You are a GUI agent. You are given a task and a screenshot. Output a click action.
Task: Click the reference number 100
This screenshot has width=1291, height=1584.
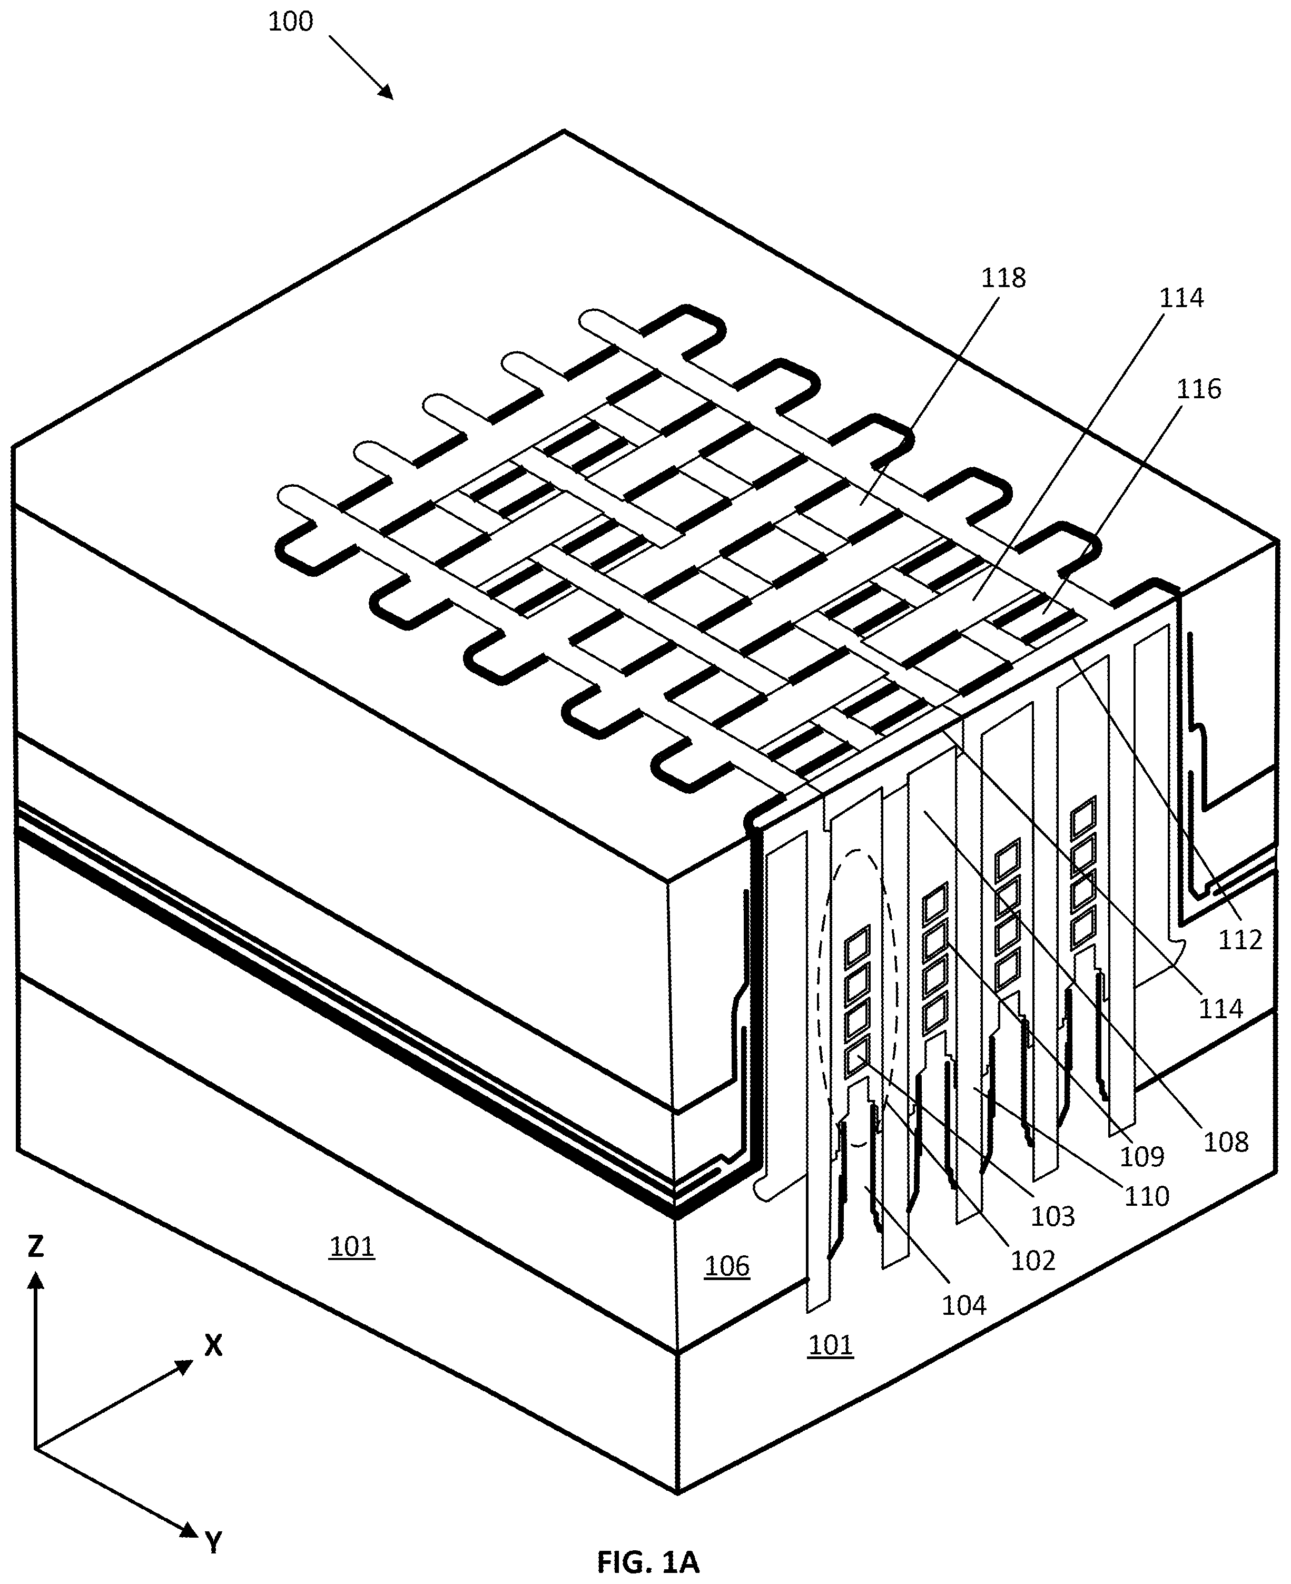pos(290,22)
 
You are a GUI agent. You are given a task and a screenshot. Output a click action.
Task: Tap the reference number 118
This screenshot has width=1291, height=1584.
pos(1003,278)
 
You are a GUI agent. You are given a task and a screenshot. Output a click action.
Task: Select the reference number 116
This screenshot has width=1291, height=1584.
pos(1199,389)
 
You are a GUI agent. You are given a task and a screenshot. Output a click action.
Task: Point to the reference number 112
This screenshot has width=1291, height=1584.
pos(1240,940)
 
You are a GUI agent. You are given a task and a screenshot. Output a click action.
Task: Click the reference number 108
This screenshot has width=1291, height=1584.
pos(1226,1142)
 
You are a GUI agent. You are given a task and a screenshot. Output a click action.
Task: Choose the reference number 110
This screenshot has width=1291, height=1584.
pos(1147,1196)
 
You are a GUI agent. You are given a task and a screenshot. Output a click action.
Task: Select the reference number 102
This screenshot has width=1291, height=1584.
pos(1033,1261)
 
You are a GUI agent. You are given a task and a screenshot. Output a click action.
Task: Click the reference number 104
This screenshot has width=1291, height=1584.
pos(964,1305)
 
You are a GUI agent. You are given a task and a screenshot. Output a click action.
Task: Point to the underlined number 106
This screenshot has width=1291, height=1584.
pos(726,1266)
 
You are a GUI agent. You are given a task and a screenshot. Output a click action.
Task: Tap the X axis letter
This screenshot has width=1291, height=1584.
pos(213,1346)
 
